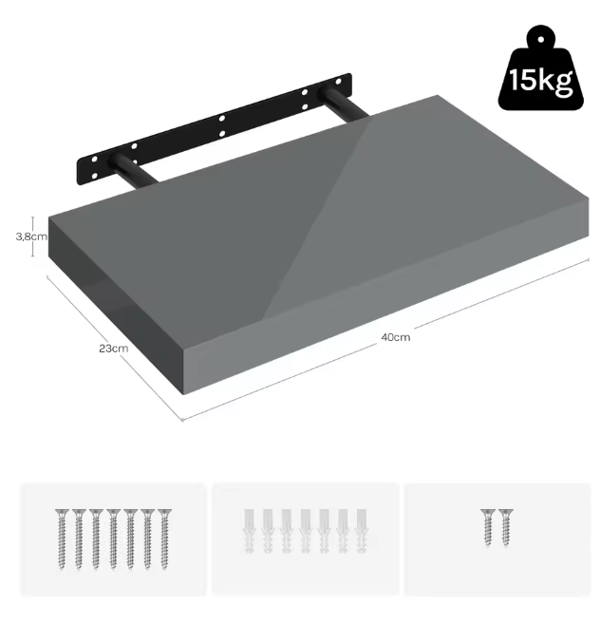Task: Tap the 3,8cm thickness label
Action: (x=31, y=236)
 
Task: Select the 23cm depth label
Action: (x=114, y=349)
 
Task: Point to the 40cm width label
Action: (x=395, y=337)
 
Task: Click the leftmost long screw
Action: (x=62, y=539)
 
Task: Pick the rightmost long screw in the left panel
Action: (x=164, y=539)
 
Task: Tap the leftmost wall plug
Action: (x=249, y=531)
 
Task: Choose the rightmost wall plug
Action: (x=362, y=531)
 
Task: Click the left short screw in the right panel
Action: (x=488, y=528)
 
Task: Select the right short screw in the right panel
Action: (x=505, y=528)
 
